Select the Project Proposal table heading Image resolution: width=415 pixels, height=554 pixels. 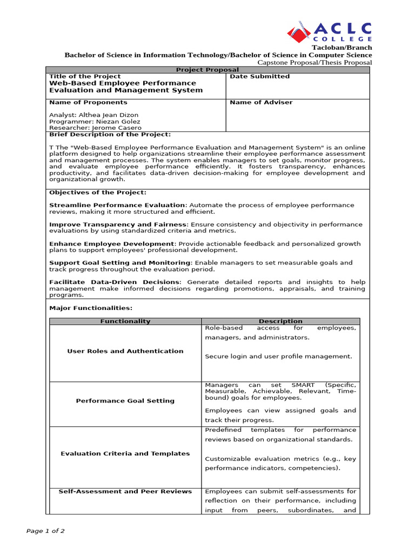click(x=207, y=70)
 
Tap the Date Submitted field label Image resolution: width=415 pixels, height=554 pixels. click(x=260, y=76)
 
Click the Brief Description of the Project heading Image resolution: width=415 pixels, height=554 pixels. click(x=110, y=134)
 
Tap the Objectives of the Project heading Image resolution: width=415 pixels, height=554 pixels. click(x=97, y=192)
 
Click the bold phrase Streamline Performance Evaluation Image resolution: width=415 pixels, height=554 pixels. click(x=117, y=205)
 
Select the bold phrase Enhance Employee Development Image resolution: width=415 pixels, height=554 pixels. click(x=112, y=243)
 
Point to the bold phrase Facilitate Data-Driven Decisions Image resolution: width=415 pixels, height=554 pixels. click(x=114, y=282)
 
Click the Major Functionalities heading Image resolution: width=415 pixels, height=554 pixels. click(x=91, y=308)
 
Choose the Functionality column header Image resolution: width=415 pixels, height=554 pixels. click(x=125, y=321)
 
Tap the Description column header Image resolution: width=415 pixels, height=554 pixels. click(x=280, y=321)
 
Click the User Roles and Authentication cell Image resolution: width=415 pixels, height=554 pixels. click(x=125, y=351)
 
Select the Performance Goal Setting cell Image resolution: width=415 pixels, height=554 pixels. click(x=125, y=401)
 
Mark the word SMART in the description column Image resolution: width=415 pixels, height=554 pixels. click(x=303, y=385)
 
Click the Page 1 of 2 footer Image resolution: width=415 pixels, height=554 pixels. click(x=45, y=531)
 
